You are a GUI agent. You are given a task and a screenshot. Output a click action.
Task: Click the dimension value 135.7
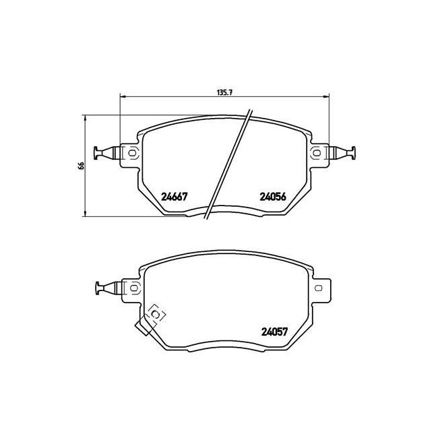(225, 92)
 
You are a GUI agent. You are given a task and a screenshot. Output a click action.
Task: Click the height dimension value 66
(81, 166)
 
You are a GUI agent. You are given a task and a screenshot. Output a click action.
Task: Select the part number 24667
(174, 197)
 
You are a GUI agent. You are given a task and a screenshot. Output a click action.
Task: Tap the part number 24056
(273, 197)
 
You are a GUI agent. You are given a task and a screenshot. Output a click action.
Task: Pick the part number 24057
(274, 332)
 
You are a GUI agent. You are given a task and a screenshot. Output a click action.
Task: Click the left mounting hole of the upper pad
(132, 153)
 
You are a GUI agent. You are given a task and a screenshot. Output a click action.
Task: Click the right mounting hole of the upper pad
(316, 153)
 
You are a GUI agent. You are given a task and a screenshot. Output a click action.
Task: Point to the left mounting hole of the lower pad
(134, 288)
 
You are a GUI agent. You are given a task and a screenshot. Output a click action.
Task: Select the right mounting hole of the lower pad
(318, 288)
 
